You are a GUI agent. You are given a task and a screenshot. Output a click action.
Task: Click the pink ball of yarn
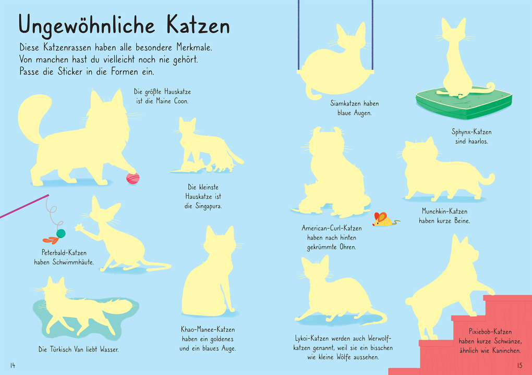coord(132,179)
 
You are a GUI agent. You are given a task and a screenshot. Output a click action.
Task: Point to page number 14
coord(13,365)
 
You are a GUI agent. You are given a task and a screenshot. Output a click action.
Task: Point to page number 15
coord(519,365)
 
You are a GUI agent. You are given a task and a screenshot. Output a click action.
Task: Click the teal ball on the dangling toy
coord(61,233)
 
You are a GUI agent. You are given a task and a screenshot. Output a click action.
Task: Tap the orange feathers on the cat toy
coord(51,240)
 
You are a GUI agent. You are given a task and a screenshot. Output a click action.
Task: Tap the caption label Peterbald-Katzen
coord(64,253)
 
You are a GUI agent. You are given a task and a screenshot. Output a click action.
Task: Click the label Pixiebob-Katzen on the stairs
coord(490,332)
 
